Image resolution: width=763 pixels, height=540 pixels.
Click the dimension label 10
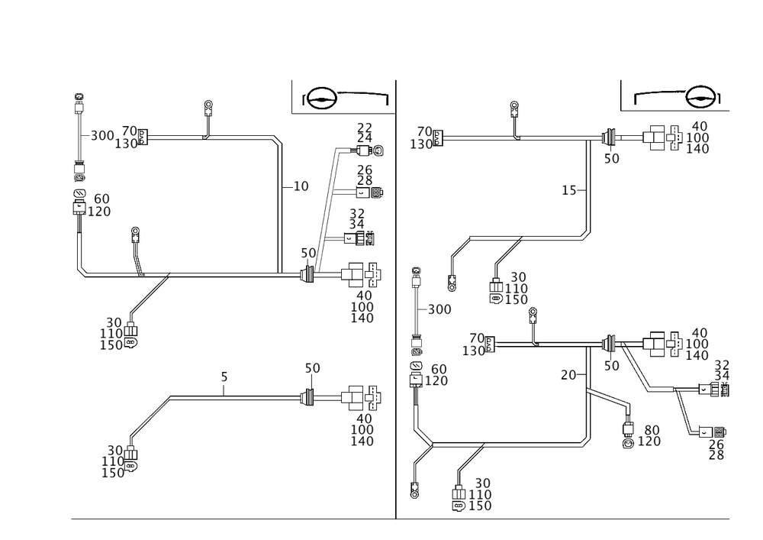pos(302,186)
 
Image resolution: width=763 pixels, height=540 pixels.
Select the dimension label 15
pos(569,190)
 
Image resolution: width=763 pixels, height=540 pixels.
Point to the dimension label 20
pos(566,375)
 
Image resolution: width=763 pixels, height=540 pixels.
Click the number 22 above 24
pos(365,127)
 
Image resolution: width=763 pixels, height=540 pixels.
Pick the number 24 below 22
pos(365,137)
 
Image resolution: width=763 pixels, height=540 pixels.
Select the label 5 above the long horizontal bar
pos(224,377)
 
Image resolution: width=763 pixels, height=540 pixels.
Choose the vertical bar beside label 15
pos(589,187)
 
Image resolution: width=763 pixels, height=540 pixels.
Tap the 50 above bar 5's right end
pos(312,369)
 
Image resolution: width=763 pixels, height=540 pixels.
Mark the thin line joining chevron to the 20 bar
pos(507,442)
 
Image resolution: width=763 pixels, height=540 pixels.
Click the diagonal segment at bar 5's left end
pos(150,416)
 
